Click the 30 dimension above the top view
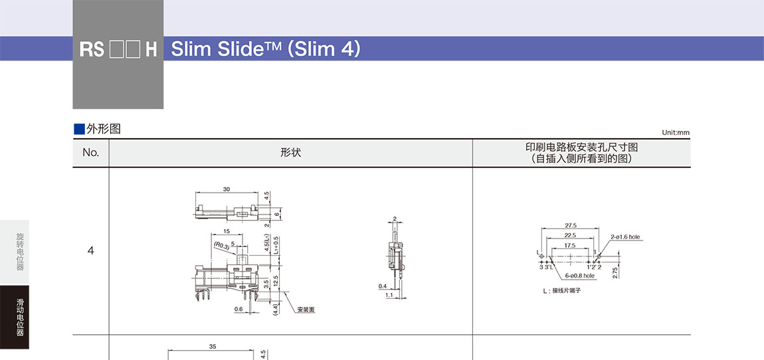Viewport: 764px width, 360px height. click(227, 189)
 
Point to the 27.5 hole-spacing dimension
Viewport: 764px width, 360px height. click(571, 226)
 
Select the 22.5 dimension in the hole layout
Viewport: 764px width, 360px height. click(571, 235)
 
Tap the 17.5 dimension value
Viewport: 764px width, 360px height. click(569, 246)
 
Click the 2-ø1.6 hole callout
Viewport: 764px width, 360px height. click(626, 236)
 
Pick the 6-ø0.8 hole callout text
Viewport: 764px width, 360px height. click(580, 275)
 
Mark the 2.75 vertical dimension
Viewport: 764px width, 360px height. click(616, 273)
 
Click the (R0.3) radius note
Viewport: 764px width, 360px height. click(221, 246)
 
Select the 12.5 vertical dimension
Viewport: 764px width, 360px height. click(276, 281)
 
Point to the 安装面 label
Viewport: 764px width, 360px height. click(306, 310)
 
